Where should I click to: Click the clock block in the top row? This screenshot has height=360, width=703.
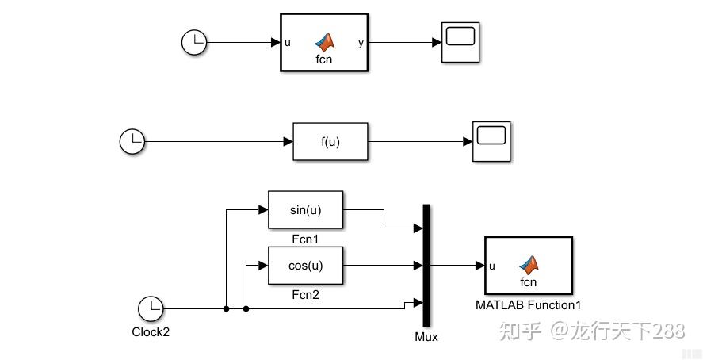click(x=194, y=43)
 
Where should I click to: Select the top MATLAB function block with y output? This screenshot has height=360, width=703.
click(x=324, y=42)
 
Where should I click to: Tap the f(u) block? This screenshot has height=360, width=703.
click(x=330, y=142)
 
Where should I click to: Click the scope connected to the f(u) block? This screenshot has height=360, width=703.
click(x=492, y=142)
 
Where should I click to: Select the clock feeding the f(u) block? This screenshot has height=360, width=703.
click(x=132, y=142)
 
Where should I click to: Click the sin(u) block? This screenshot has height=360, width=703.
click(x=305, y=210)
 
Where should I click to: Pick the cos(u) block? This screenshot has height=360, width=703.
click(x=305, y=265)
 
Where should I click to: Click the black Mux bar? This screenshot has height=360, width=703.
click(x=426, y=265)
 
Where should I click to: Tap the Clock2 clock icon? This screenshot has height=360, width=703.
click(x=150, y=308)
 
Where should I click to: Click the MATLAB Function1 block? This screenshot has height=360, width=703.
click(x=528, y=266)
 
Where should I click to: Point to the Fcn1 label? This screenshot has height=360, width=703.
click(x=305, y=239)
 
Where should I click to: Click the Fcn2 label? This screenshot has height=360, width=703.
click(x=305, y=294)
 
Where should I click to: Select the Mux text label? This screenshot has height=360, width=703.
click(x=426, y=337)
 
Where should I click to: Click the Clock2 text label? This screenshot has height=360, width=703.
click(x=150, y=332)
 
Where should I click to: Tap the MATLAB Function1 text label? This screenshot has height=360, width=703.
click(x=528, y=304)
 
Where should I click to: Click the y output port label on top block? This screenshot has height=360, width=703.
click(x=361, y=43)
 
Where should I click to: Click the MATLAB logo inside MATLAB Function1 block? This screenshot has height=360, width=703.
click(x=529, y=263)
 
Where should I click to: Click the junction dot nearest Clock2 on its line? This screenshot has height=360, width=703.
click(x=227, y=308)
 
